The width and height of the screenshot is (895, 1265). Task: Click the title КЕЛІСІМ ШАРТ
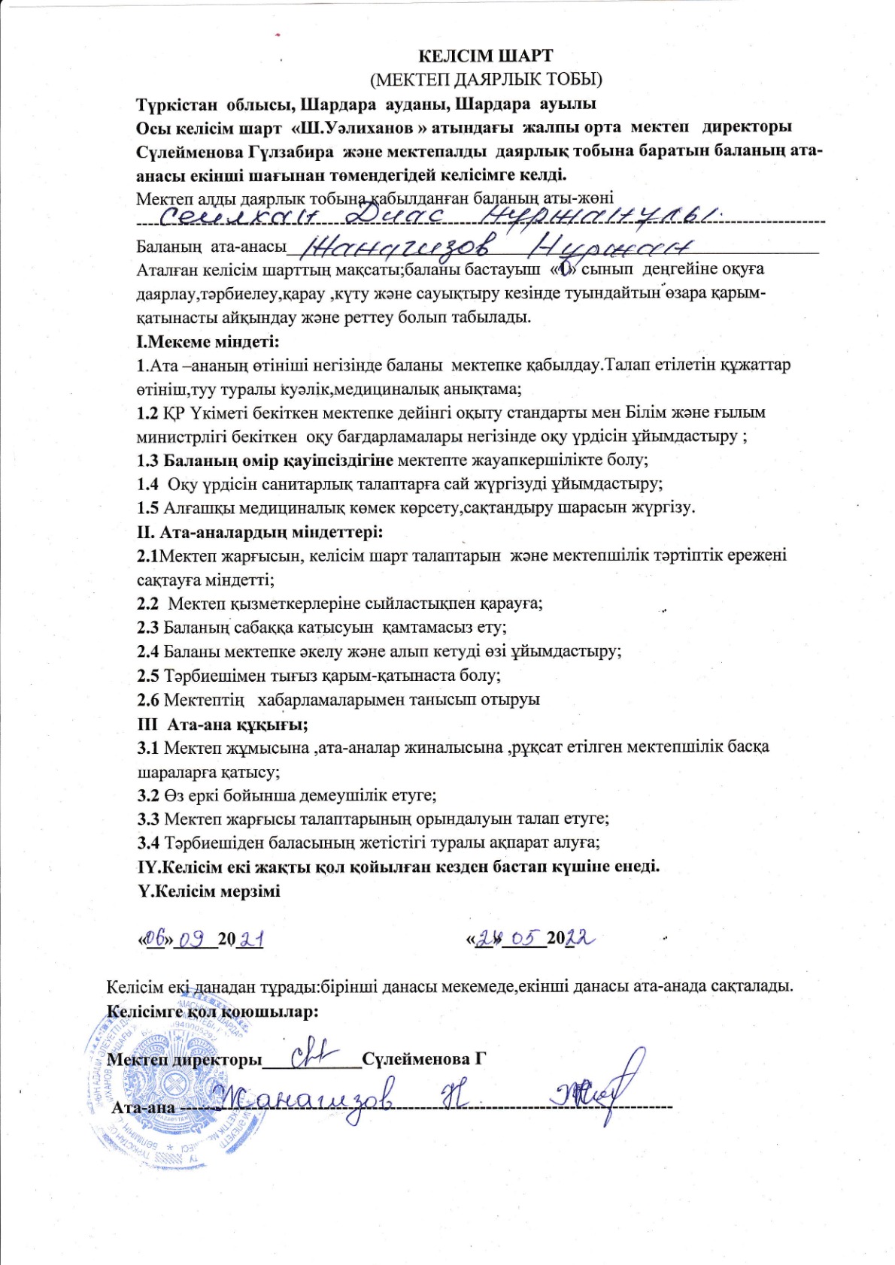point(485,56)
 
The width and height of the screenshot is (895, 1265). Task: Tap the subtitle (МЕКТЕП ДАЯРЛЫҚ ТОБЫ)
point(486,79)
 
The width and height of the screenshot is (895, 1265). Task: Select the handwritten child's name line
point(436,217)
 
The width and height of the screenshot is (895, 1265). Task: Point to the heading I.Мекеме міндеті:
point(208,342)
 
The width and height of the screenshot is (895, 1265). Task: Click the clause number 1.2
point(147,413)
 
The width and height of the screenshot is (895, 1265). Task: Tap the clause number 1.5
point(147,508)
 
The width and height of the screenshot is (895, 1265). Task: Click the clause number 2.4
point(148,652)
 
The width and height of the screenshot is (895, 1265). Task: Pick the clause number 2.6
point(148,701)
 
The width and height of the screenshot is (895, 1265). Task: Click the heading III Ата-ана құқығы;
point(223,725)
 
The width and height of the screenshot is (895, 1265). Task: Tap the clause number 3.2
point(148,795)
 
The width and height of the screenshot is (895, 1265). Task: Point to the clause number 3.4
point(148,843)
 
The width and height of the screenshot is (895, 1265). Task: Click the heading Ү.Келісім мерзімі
point(208,891)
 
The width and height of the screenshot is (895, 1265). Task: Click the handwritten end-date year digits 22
point(581,939)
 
